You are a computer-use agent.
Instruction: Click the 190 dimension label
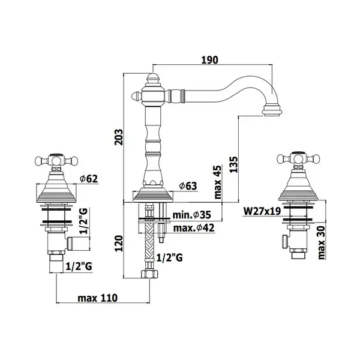tap(209, 60)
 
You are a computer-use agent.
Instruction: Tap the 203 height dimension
tap(119, 137)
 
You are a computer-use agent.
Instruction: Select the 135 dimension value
tap(233, 164)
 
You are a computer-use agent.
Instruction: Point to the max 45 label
tap(217, 182)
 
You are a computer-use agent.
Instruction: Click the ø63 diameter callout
tap(188, 186)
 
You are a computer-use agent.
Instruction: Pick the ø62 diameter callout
tap(89, 179)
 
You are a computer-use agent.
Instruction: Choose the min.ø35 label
tap(191, 215)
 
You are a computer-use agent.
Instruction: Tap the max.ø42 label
tap(194, 228)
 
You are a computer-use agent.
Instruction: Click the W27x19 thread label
tap(262, 211)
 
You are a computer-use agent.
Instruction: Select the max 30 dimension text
tap(322, 242)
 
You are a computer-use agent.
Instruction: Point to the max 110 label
tap(98, 298)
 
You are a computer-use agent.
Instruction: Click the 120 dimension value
tap(119, 244)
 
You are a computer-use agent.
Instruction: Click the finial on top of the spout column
tap(153, 79)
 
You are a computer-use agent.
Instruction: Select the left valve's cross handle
tap(56, 160)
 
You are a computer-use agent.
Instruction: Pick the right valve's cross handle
tap(298, 158)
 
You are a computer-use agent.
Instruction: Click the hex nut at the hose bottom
tap(149, 274)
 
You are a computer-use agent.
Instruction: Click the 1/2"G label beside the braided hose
tap(169, 257)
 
